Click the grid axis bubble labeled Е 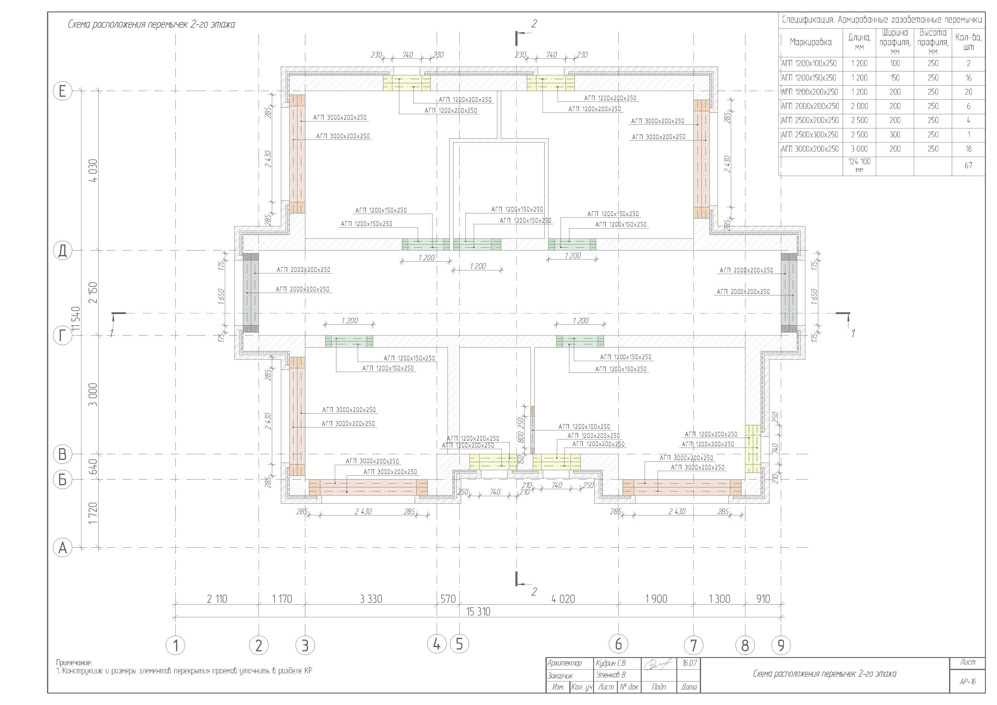62,91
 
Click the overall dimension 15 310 478,612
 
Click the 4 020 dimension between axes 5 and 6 563,599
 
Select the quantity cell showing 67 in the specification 968,165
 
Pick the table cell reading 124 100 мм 859,165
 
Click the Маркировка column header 810,42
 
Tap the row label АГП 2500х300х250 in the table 810,135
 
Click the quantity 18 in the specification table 968,149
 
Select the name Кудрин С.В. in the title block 611,663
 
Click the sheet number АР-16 967,681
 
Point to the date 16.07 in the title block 689,663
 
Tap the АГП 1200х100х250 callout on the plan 584,426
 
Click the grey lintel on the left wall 250,293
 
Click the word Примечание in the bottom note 74,663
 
